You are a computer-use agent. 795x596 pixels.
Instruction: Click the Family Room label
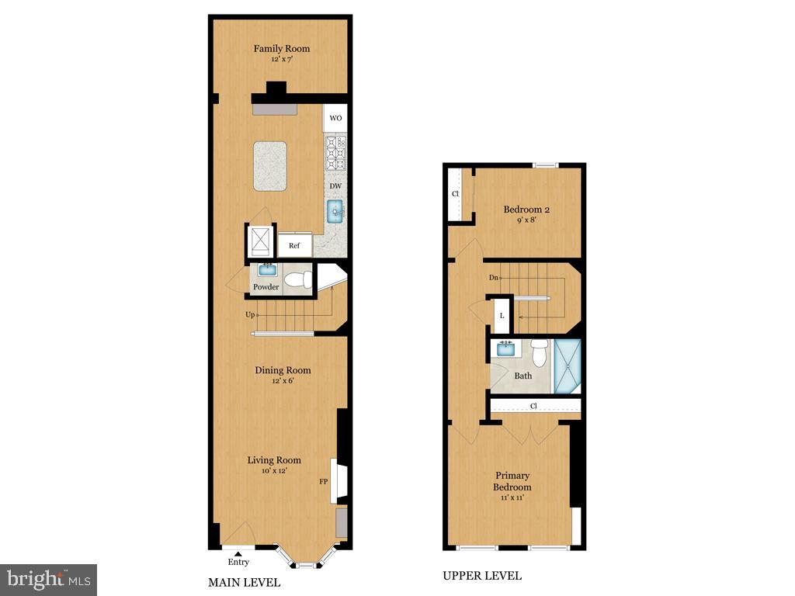[x=281, y=49]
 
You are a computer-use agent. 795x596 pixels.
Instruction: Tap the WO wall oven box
[x=335, y=118]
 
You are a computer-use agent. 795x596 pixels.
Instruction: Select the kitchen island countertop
[x=270, y=166]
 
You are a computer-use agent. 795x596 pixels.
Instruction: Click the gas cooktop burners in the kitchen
[x=335, y=153]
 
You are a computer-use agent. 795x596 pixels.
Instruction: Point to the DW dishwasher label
[x=335, y=186]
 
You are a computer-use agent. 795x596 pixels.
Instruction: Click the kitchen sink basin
[x=335, y=211]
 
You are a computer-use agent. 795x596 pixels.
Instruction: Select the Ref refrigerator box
[x=294, y=245]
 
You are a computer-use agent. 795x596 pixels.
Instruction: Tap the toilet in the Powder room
[x=298, y=279]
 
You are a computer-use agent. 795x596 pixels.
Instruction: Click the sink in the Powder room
[x=268, y=269]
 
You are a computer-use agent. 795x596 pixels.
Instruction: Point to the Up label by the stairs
[x=251, y=315]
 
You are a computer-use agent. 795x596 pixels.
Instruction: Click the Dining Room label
[x=283, y=370]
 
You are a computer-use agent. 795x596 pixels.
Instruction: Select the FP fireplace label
[x=324, y=481]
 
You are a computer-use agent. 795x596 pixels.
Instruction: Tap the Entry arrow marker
[x=238, y=554]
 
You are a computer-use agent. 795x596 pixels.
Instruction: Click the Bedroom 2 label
[x=527, y=210]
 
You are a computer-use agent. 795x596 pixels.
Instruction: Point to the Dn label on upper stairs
[x=494, y=278]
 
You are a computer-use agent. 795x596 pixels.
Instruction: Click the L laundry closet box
[x=502, y=316]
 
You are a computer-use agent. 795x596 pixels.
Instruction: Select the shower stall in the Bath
[x=568, y=366]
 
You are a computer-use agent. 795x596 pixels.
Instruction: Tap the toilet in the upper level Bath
[x=540, y=353]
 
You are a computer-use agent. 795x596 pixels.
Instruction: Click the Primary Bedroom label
[x=512, y=481]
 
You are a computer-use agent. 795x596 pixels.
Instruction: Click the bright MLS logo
[x=49, y=579]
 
